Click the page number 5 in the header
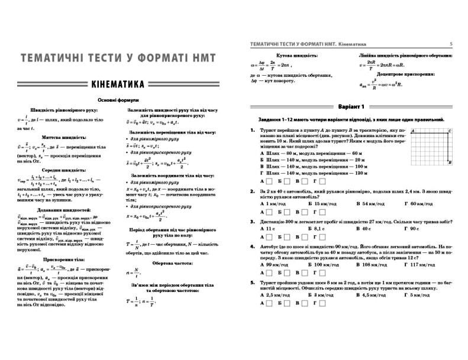tap(451, 43)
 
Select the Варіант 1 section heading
tap(350, 106)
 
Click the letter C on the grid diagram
tap(450, 131)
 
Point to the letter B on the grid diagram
tap(451, 162)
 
